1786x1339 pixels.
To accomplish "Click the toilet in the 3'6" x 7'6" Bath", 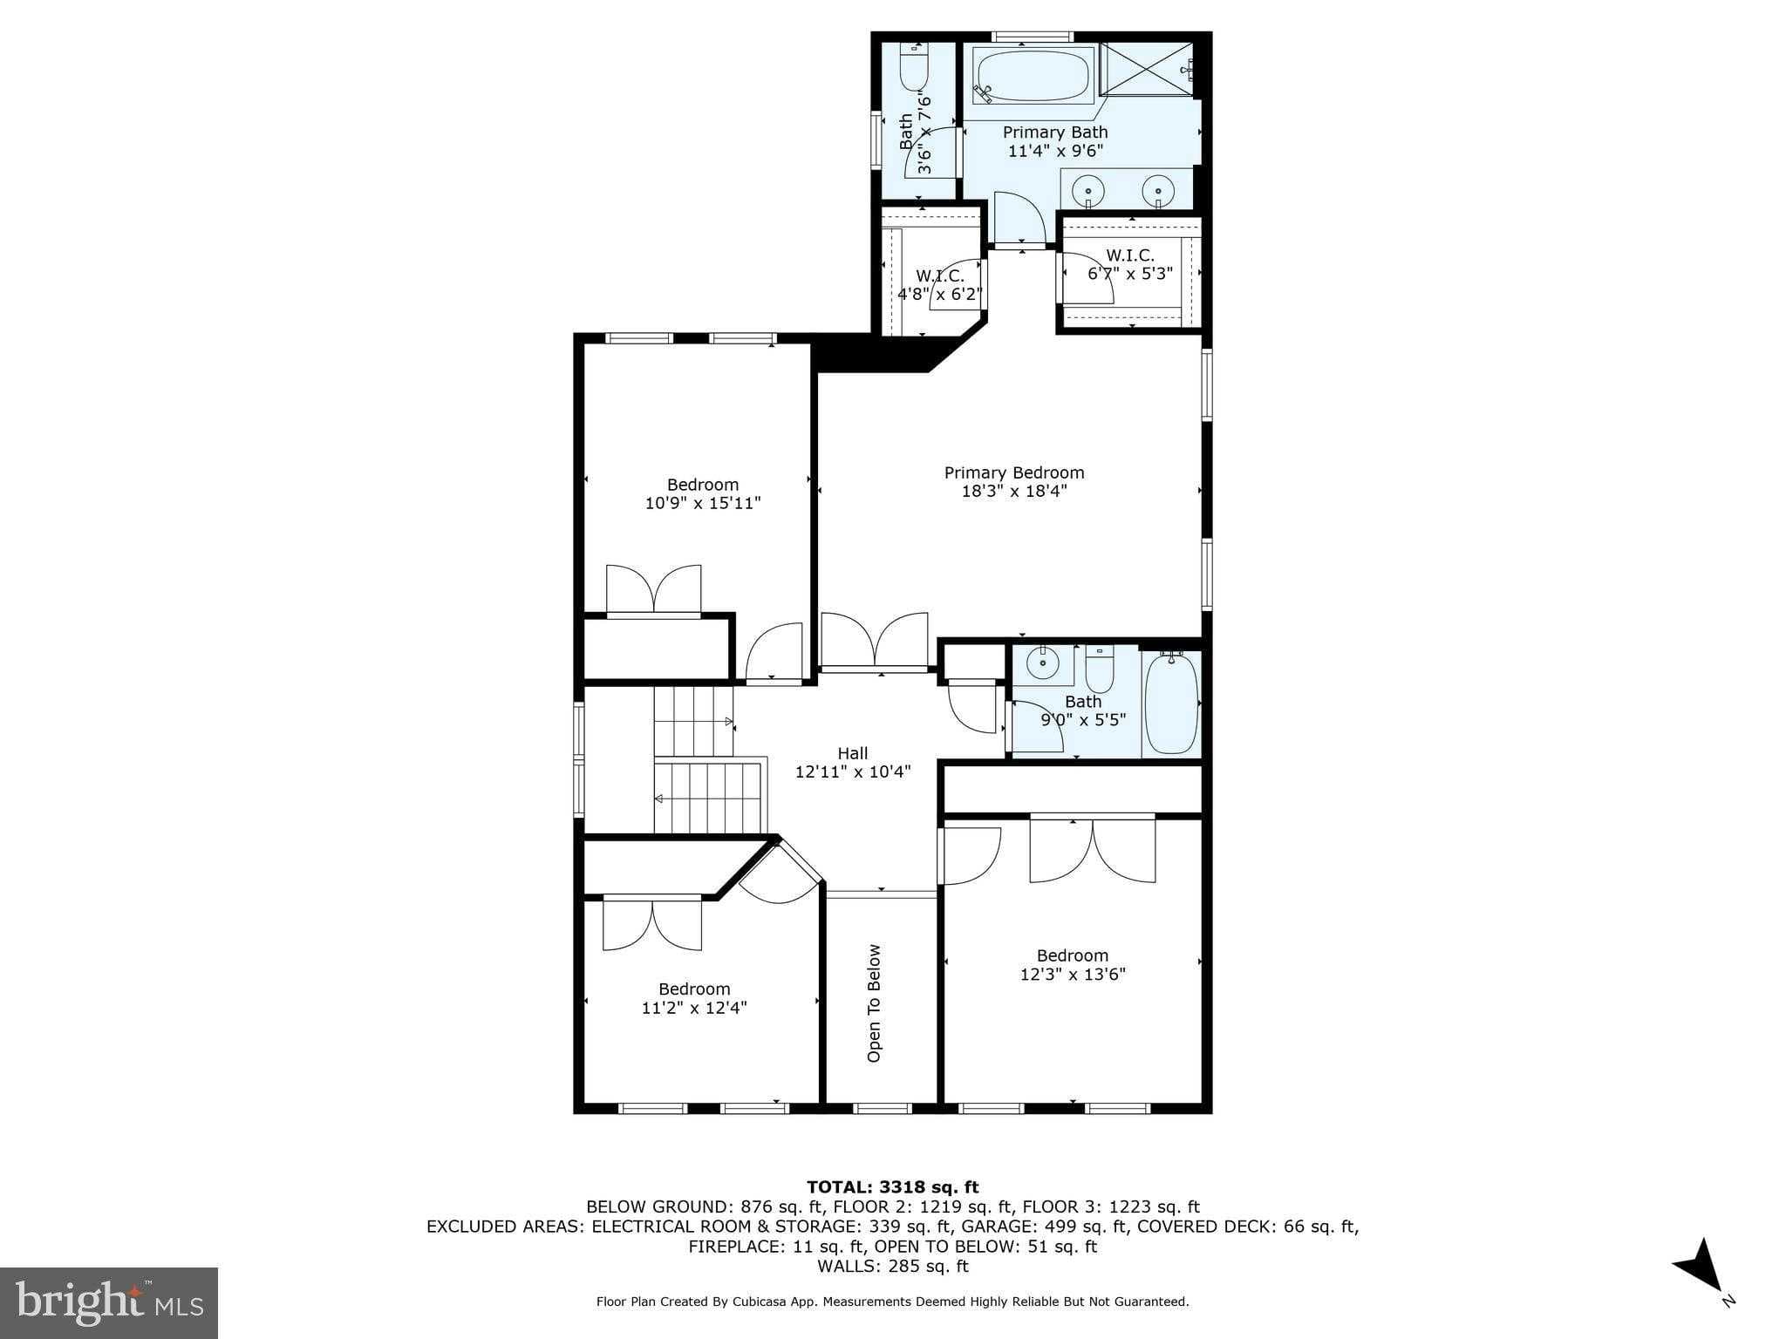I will [x=914, y=69].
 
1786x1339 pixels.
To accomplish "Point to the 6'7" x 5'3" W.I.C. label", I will [x=1130, y=264].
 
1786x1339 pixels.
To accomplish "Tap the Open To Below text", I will [x=874, y=1003].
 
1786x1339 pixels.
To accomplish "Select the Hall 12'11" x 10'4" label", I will [x=853, y=762].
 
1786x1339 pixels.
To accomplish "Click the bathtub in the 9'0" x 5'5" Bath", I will [x=1170, y=704].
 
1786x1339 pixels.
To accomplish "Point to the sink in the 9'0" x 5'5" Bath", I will [x=1042, y=664].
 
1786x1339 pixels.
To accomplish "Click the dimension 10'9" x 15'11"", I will [x=703, y=503].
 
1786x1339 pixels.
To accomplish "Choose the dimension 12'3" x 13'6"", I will [x=1073, y=974].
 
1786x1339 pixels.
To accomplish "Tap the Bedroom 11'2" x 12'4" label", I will [x=694, y=998].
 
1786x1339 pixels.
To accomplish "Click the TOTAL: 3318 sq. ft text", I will [x=892, y=1186].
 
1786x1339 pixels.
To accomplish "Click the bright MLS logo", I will [x=109, y=1302].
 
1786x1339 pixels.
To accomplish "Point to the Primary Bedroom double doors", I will [x=874, y=643].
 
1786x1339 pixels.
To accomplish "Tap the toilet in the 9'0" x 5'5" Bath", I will [x=1100, y=667].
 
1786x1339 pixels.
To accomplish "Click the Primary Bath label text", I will [x=1055, y=132].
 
